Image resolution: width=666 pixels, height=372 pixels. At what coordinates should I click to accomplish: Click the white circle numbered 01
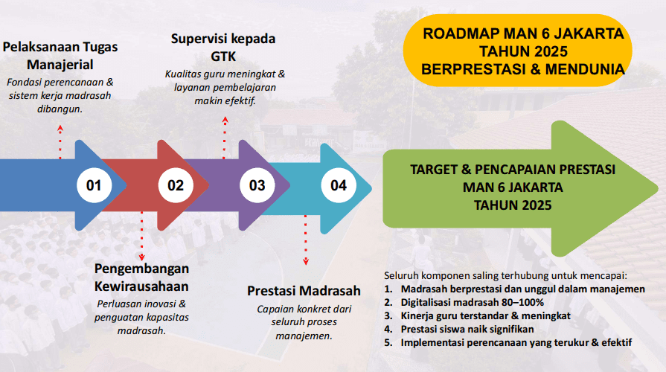coord(94,185)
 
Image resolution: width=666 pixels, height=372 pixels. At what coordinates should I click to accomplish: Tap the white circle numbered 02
coord(176,185)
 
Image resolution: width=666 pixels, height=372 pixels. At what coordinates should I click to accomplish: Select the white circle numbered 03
coord(257,185)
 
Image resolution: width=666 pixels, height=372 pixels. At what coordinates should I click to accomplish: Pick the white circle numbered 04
coord(339,185)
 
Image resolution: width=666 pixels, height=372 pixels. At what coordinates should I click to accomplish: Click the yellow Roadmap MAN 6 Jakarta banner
coord(518,51)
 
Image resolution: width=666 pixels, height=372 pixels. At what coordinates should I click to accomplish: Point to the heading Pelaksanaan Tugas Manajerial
coord(60,56)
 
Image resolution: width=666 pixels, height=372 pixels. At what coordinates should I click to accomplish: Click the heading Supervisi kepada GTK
coord(223,47)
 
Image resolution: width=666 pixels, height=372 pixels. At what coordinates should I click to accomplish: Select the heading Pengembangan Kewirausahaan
coord(141,278)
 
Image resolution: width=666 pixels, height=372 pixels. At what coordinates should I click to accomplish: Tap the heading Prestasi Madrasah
coord(304,291)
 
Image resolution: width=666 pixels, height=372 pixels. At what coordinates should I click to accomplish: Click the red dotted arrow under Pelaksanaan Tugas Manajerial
coord(60,142)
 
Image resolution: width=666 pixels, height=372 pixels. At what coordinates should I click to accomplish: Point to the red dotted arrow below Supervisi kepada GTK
coord(225,138)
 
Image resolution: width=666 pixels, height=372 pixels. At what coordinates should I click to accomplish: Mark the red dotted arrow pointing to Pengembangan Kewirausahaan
coord(142,236)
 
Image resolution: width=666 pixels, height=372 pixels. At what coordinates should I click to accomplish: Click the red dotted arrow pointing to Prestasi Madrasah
coord(305,240)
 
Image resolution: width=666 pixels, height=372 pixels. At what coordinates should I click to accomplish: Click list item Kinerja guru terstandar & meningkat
coord(478,316)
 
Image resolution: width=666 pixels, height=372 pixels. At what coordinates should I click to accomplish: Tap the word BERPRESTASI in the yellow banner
coord(473,69)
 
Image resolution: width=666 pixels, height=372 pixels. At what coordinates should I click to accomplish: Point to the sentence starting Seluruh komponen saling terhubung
coord(505,275)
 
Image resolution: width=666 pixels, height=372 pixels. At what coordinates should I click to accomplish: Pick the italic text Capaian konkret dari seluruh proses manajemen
coord(304,322)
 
